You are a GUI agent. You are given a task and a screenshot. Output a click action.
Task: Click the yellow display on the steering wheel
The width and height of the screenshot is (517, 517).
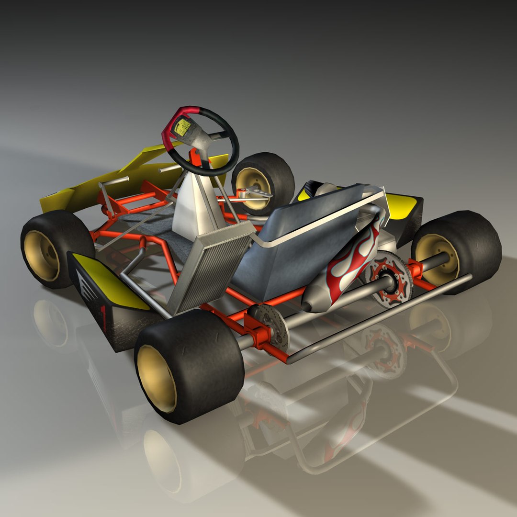182,126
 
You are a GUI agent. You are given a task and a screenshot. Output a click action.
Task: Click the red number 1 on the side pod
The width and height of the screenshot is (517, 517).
103,315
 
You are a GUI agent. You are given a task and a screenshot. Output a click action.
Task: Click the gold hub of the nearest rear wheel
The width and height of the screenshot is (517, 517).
156,378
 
